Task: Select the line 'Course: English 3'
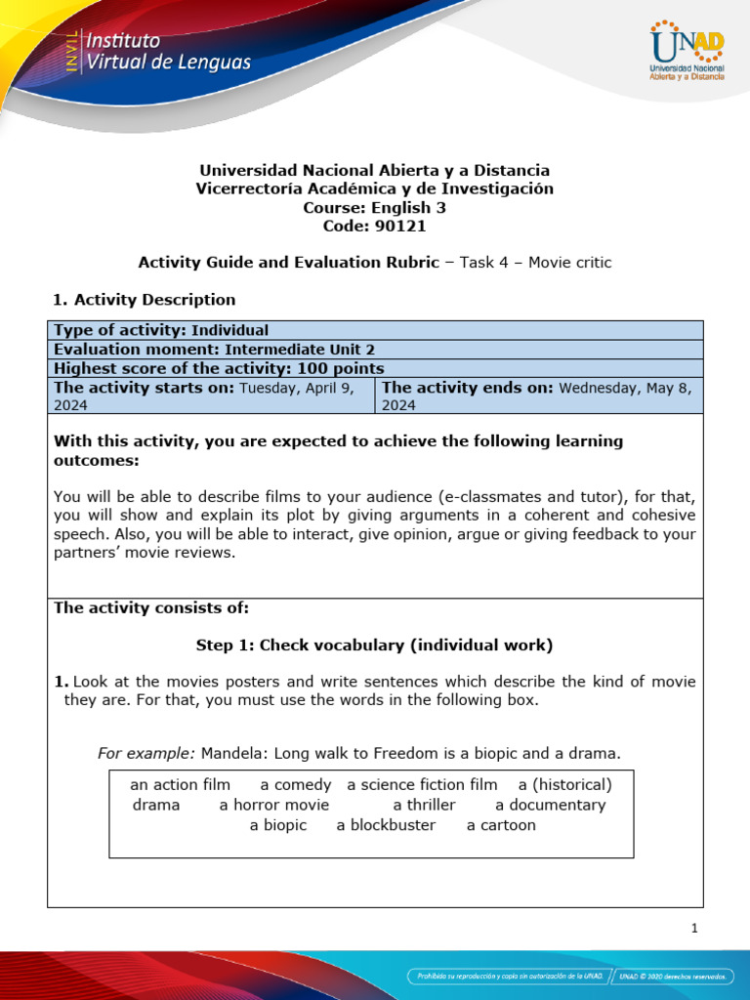point(374,207)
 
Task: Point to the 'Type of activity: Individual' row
point(161,330)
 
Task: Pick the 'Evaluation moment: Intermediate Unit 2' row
point(214,349)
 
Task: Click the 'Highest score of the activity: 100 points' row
point(219,368)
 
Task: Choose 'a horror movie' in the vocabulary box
point(274,805)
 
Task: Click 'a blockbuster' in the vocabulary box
point(386,825)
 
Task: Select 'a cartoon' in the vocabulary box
point(501,825)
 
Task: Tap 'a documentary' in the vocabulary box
point(550,805)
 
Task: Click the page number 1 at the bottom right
point(694,929)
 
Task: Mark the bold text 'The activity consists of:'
point(151,608)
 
